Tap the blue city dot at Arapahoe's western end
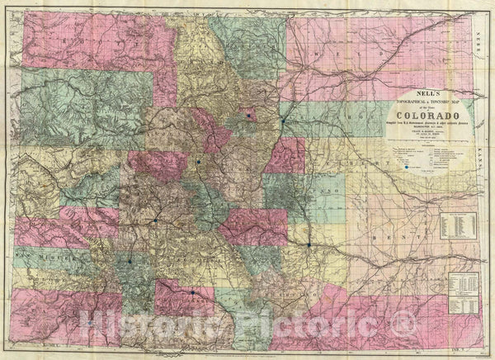[283, 121]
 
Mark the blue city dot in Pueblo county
[309, 245]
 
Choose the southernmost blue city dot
[192, 291]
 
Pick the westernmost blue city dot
[130, 262]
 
